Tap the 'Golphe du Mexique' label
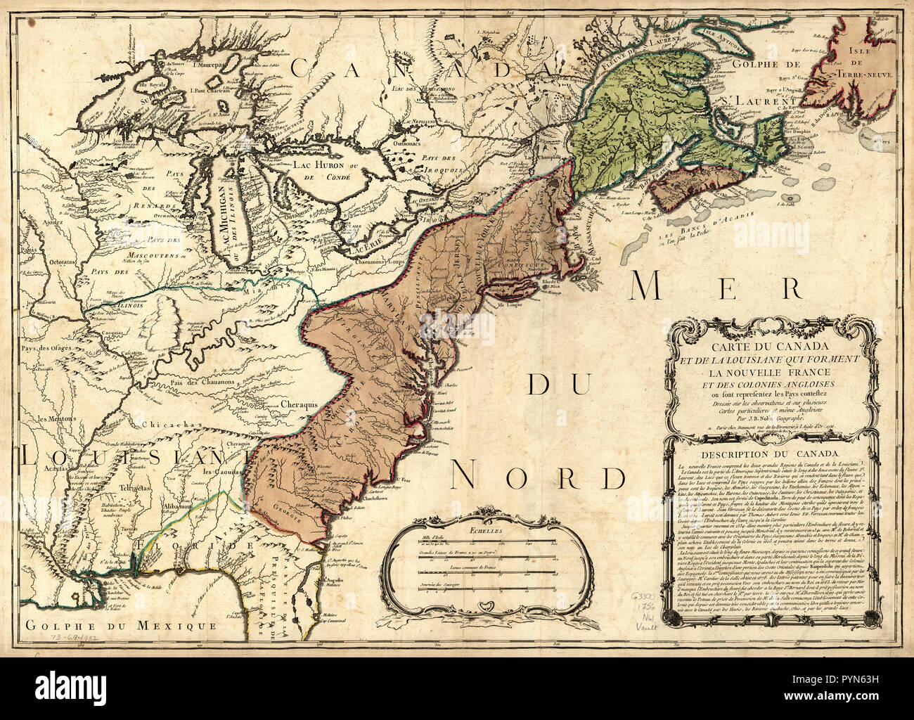[x=117, y=625]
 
